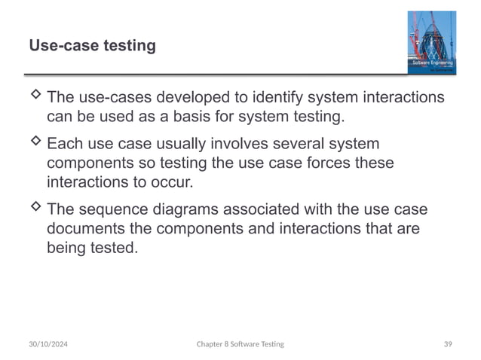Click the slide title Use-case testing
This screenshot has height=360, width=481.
click(92, 47)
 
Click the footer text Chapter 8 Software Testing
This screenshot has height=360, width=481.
click(240, 343)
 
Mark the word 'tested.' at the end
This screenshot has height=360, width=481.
click(116, 248)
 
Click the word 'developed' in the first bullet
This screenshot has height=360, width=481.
click(188, 98)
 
